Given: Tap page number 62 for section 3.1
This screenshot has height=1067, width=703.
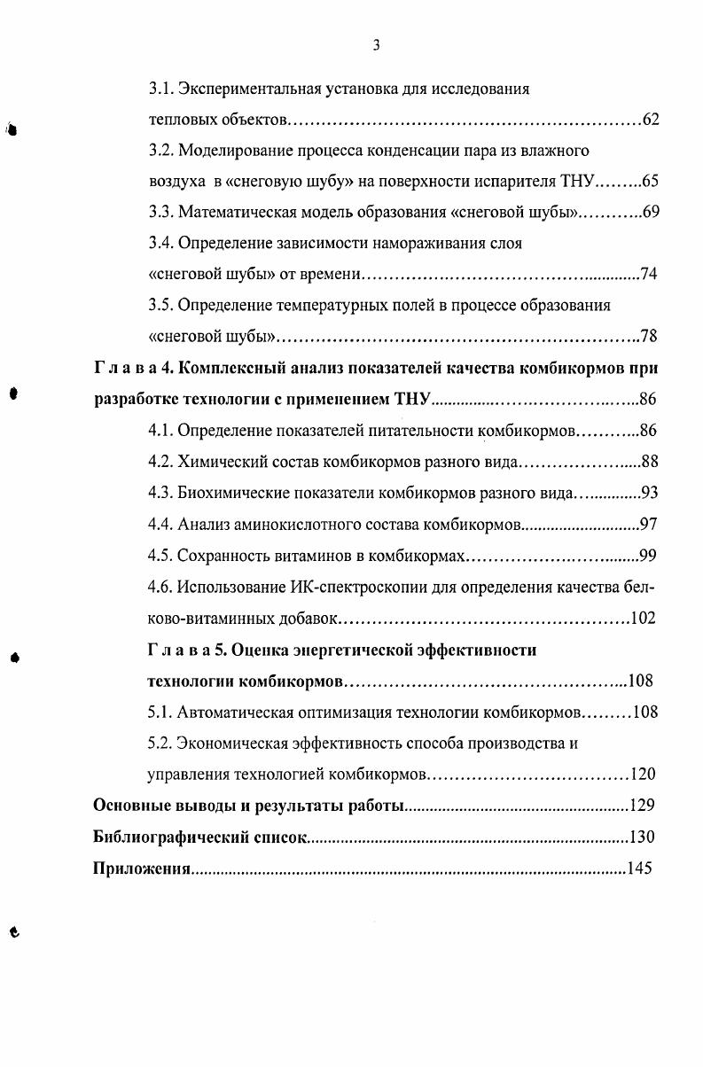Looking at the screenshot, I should [650, 120].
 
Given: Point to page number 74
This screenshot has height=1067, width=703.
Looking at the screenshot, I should [647, 275].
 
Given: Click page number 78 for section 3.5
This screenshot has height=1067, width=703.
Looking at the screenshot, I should [647, 337].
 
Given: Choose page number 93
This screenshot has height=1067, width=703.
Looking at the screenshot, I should [647, 493].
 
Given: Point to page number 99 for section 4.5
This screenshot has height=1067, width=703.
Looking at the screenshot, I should [647, 556].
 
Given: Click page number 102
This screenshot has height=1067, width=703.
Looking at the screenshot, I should [642, 618].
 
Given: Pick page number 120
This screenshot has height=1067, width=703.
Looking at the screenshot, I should [642, 774].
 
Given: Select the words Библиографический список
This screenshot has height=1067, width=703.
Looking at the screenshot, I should [199, 837].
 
